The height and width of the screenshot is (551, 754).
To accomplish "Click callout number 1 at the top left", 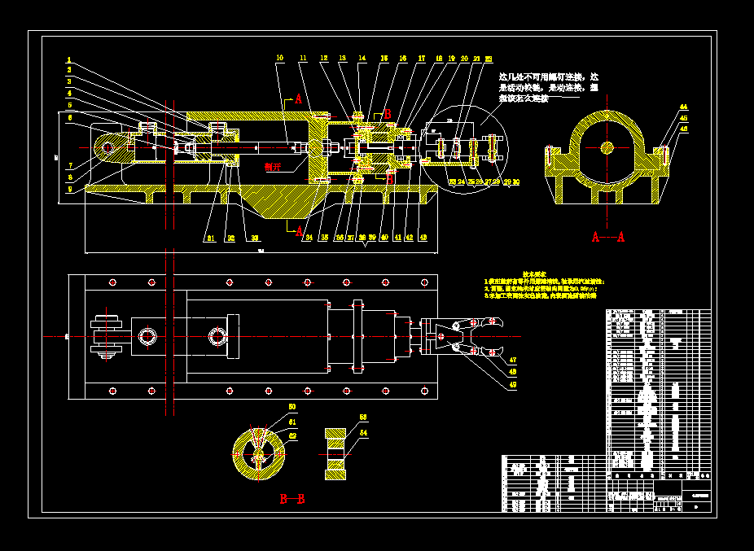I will [x=69, y=59].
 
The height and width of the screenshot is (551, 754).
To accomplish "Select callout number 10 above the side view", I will [x=279, y=58].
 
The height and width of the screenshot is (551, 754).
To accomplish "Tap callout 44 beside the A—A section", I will [x=683, y=107].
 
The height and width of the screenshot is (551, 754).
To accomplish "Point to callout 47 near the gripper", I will [x=513, y=359].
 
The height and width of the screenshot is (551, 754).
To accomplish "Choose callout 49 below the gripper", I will [x=513, y=384].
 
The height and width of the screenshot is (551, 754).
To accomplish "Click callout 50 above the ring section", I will [x=292, y=406].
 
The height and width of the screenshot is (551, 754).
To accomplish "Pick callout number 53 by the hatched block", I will [x=363, y=417].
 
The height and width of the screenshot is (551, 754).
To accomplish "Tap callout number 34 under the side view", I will [x=309, y=238].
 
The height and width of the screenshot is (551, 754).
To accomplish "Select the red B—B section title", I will [x=292, y=498].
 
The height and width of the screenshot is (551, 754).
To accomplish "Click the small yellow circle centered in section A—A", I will [x=607, y=147].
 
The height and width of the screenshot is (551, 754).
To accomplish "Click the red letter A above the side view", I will [x=298, y=99].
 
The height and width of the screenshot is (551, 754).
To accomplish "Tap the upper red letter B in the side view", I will [x=388, y=114].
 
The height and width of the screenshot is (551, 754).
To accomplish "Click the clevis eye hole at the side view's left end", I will [x=107, y=147].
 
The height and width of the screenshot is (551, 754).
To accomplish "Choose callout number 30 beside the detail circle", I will [x=515, y=181].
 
